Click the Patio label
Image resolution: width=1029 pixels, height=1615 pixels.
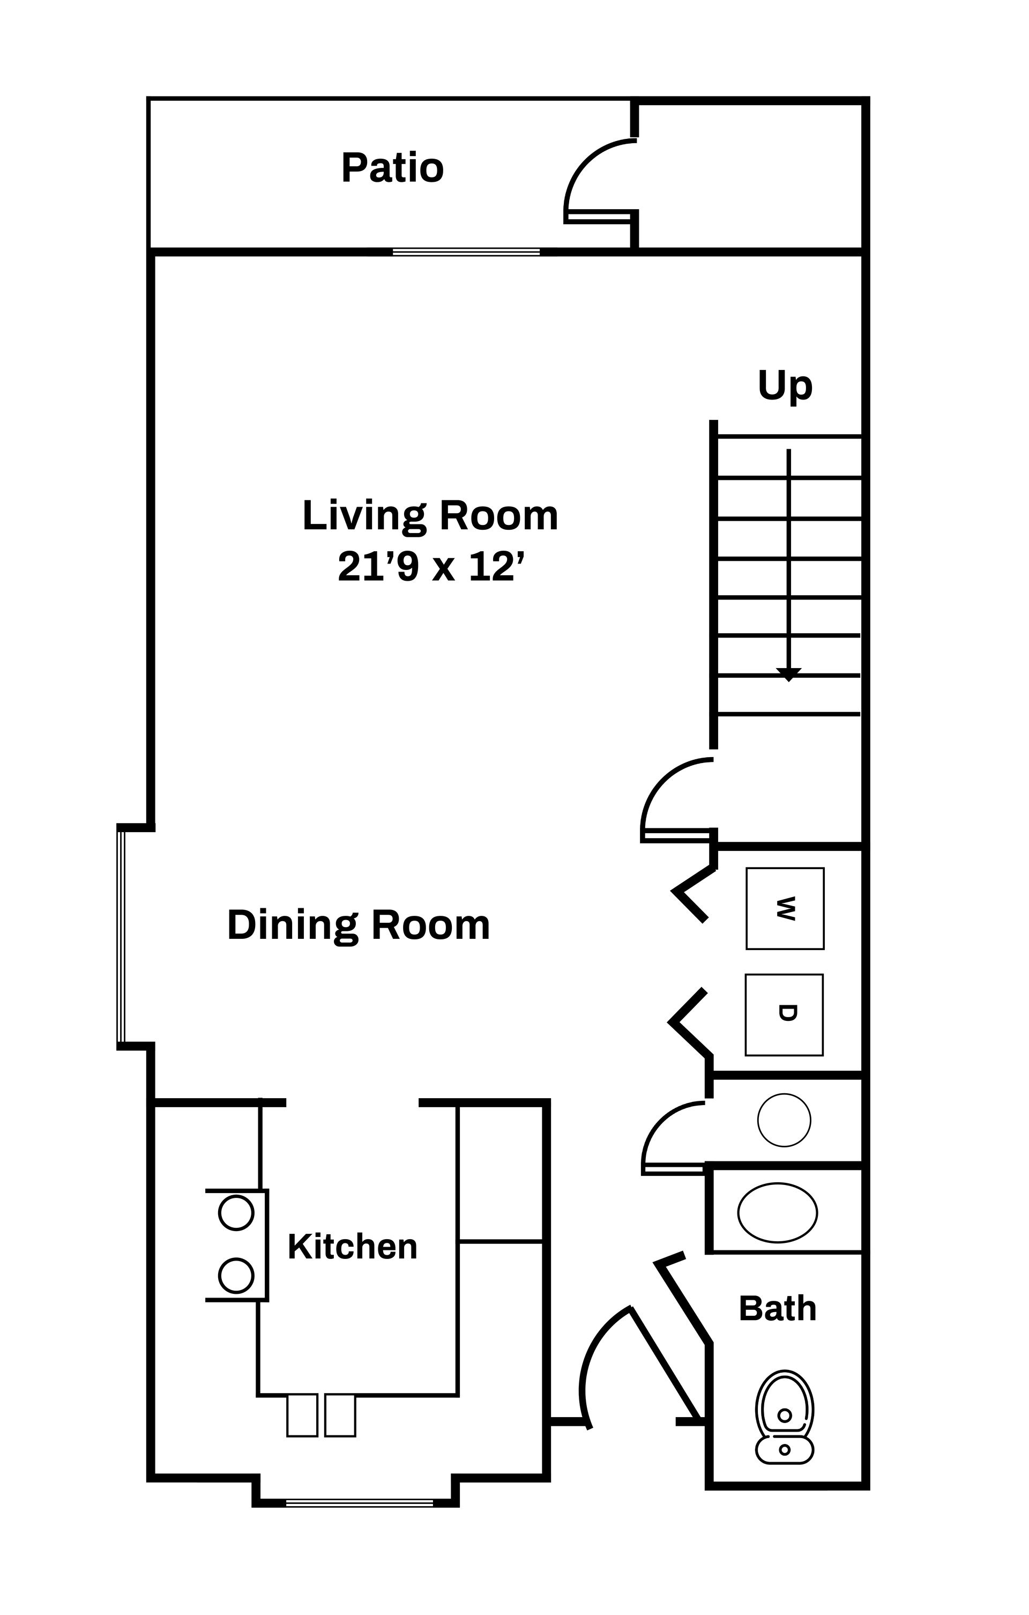(392, 168)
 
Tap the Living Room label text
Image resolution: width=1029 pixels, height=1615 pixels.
(430, 516)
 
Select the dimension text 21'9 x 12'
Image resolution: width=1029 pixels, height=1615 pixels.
(430, 567)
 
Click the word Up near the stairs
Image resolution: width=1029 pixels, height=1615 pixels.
(785, 386)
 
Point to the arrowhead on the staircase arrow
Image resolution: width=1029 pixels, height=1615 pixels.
(788, 674)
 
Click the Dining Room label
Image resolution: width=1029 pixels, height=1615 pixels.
(359, 925)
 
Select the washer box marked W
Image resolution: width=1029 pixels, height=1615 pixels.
(785, 909)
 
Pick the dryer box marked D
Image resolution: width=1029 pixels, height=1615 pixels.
(784, 1015)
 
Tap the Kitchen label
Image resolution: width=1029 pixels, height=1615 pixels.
(353, 1247)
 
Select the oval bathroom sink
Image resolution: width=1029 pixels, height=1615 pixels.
(778, 1213)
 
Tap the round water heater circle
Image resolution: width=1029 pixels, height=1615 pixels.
(784, 1120)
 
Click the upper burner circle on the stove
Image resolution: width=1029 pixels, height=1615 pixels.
(236, 1213)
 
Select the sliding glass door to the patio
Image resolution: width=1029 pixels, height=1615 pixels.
(466, 252)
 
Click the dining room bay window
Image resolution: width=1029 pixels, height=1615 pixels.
(121, 936)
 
